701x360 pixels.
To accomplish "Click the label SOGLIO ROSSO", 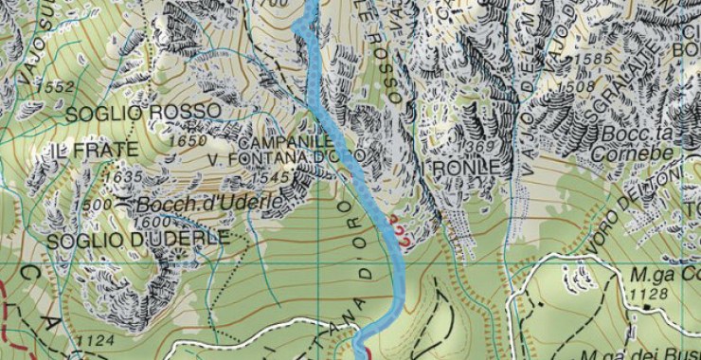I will (144, 112).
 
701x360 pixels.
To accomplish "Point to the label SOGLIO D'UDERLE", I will (138, 238).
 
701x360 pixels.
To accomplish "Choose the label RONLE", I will (466, 168).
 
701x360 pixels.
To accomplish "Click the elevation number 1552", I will (58, 87).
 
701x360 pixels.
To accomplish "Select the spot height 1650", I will (186, 141).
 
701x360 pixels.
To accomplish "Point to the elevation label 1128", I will (647, 295).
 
